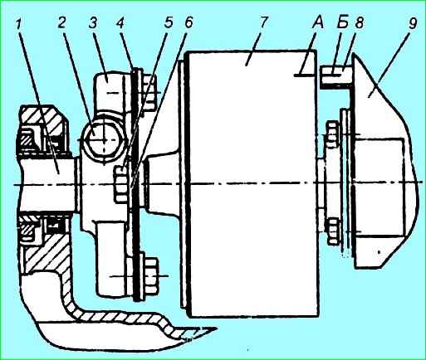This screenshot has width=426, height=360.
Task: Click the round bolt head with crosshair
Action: pos(104,139)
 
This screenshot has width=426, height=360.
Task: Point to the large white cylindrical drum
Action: pos(252,182)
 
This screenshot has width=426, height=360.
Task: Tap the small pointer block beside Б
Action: pos(335,76)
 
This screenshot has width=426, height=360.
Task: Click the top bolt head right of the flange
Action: pos(149,93)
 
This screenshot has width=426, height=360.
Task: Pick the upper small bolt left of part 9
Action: pos(333,134)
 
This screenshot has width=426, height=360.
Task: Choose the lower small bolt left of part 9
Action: pos(333,231)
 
